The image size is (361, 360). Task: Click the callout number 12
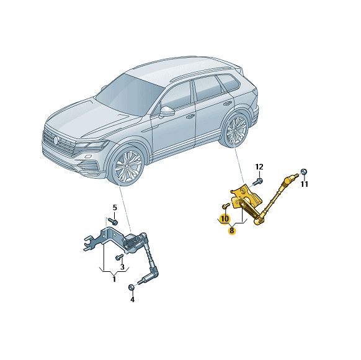tap(259, 166)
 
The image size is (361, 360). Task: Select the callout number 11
tap(305, 184)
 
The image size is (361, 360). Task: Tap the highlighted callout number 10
tap(225, 218)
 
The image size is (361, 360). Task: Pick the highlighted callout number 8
tap(231, 230)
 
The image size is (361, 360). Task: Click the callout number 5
tap(115, 208)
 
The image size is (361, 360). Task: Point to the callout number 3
tap(122, 267)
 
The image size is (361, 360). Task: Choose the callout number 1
tap(114, 279)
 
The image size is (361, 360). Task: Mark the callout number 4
tap(132, 300)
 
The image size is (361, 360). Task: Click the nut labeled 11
tap(304, 172)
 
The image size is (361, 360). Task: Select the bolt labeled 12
tap(257, 182)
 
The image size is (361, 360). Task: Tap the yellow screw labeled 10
tap(226, 205)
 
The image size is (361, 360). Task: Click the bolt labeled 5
tap(113, 222)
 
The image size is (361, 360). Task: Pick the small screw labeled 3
tap(119, 256)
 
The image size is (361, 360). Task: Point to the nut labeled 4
tap(131, 287)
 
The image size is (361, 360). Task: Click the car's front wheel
tap(127, 165)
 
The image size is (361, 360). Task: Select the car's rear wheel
tap(235, 130)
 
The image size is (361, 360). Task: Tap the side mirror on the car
tap(167, 112)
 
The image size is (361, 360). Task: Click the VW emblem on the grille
tap(56, 140)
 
